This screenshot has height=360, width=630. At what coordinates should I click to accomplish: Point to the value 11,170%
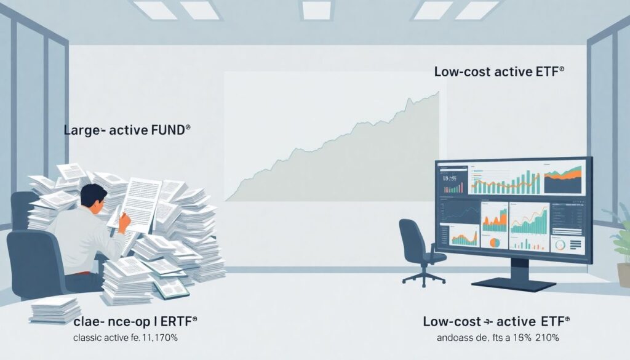point(157,338)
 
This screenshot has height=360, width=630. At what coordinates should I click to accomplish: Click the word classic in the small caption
point(90,338)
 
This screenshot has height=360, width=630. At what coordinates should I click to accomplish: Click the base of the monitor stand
point(514,285)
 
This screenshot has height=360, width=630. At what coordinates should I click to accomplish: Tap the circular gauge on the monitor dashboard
point(560,244)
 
